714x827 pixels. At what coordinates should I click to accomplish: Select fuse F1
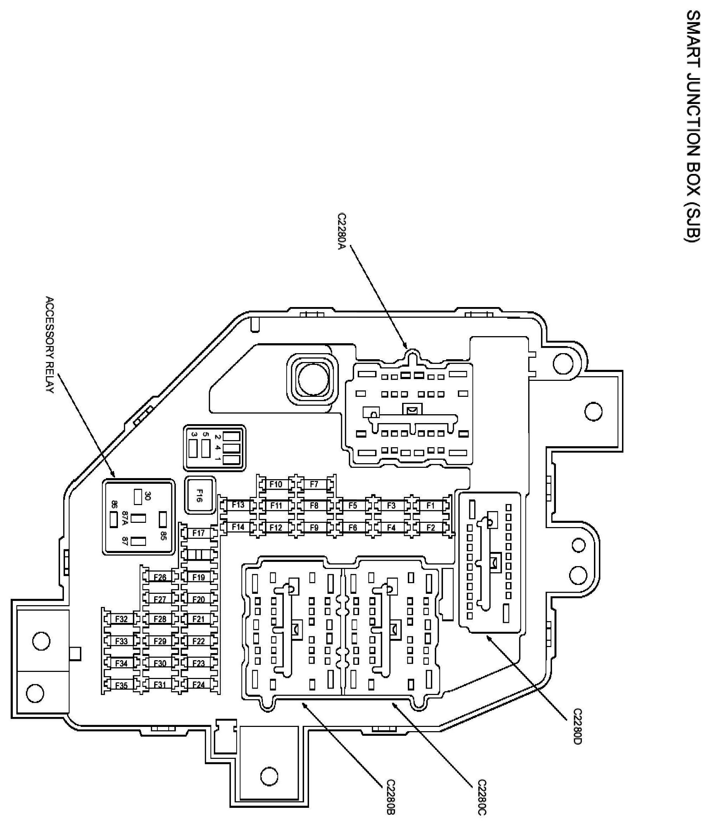pos(430,506)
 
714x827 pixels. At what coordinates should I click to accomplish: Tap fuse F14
pos(238,527)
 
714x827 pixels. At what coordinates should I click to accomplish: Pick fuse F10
pos(276,484)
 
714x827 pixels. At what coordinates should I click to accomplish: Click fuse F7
pos(314,484)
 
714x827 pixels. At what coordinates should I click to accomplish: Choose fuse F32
pos(121,619)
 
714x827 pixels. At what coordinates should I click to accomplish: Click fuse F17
pos(199,533)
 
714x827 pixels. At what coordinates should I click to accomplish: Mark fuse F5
pos(352,506)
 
